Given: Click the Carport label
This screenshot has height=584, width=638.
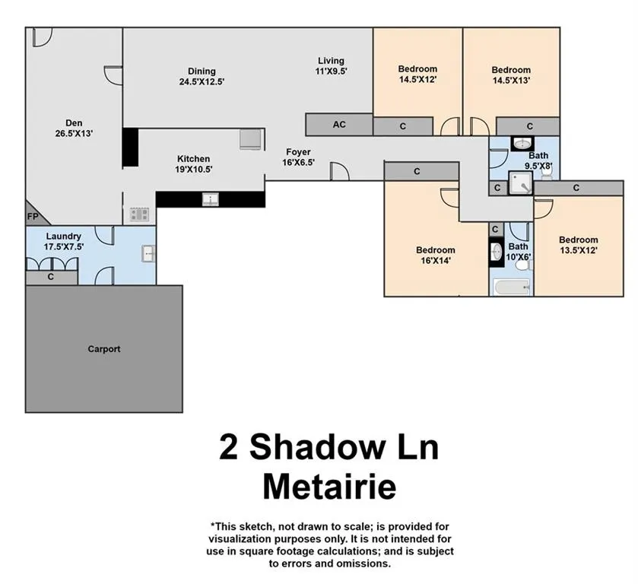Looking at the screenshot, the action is coord(104,349).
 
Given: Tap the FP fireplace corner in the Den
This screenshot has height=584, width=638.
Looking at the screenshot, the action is coord(34,215).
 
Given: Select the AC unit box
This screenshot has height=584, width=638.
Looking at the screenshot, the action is coord(339,125).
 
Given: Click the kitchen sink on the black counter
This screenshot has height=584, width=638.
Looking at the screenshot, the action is coord(211,199).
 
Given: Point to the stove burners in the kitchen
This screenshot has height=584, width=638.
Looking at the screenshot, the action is coord(139,214).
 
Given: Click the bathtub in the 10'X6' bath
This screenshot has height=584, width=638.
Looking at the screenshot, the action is coord(512,287).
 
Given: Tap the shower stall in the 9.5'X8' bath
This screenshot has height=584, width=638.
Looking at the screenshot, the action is coord(520,182).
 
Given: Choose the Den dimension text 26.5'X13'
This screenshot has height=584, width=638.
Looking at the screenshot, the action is coord(74,133).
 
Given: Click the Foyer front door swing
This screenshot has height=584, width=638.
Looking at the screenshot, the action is coord(340,171).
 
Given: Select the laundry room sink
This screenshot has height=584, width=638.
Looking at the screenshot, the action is coord(148,253).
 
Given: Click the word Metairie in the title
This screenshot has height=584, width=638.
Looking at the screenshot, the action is coord(329,487).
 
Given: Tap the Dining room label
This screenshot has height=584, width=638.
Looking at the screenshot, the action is coord(202,71).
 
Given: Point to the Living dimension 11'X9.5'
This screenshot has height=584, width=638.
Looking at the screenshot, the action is coord(331,71).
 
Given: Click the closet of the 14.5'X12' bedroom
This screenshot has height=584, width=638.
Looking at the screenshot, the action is coord(403,126).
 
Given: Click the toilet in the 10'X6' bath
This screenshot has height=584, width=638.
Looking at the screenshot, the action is coord(522,265).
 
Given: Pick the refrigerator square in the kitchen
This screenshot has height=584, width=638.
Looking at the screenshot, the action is coord(250,140).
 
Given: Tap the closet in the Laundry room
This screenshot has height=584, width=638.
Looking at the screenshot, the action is coord(51,277).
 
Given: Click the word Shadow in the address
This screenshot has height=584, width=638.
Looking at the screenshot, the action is coord(317,447).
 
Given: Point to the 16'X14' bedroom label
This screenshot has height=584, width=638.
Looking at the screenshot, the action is coord(436,255).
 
